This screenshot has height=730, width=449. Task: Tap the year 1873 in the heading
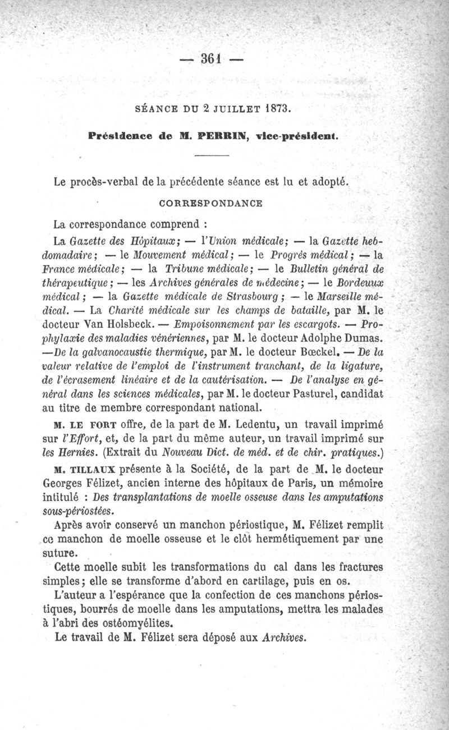[277, 109]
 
